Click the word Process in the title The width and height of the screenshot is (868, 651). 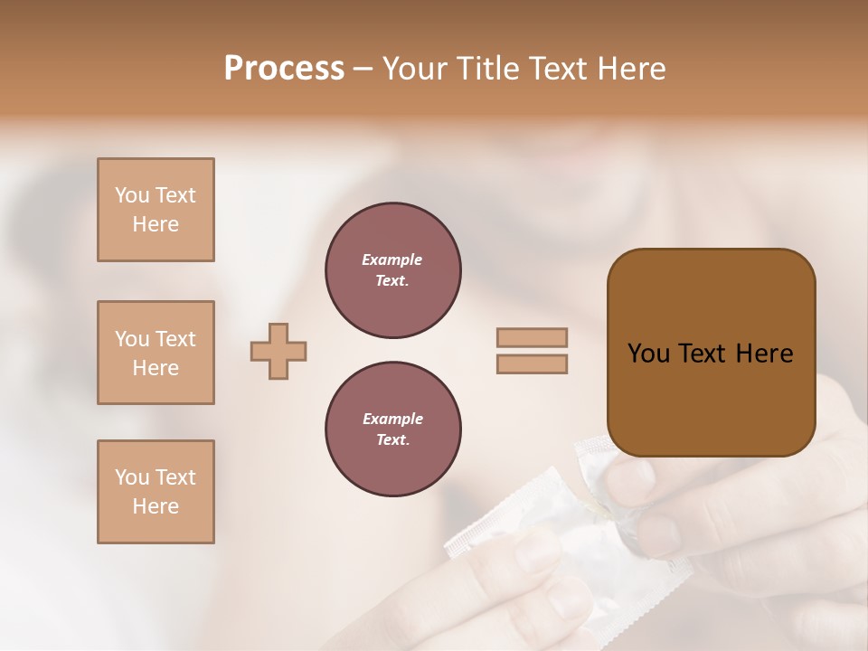tap(284, 69)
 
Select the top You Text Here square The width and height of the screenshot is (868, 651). tap(156, 210)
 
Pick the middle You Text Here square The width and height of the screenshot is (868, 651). tap(156, 353)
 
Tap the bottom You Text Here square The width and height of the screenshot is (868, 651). tap(156, 492)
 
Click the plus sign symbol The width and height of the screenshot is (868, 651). tap(278, 351)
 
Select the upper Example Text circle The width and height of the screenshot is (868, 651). tap(393, 270)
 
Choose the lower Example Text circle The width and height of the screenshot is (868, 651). tap(393, 429)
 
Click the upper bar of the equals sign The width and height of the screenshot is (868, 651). tap(532, 338)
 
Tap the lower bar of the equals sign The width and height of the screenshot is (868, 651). tap(532, 364)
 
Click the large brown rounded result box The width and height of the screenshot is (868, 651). tap(711, 353)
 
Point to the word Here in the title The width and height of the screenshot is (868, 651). tap(629, 69)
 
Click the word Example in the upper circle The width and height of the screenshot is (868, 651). tap(392, 259)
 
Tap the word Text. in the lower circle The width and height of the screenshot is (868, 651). tap(392, 440)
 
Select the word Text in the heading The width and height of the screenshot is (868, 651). tap(557, 69)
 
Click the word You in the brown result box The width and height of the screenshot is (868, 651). tap(649, 354)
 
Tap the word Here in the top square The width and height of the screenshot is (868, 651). tap(156, 224)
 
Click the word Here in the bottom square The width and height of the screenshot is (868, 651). tap(156, 506)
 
